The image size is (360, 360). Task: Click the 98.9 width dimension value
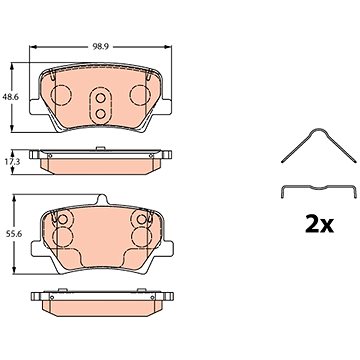click(101, 47)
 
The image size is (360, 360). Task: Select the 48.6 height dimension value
click(20, 97)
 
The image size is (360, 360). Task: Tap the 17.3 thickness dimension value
click(20, 161)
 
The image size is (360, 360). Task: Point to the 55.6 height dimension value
click(20, 234)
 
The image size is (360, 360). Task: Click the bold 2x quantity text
click(319, 225)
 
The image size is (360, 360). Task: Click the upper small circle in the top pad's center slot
click(100, 98)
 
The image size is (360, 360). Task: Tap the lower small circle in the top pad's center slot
click(100, 114)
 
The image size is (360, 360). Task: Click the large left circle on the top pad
click(60, 95)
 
